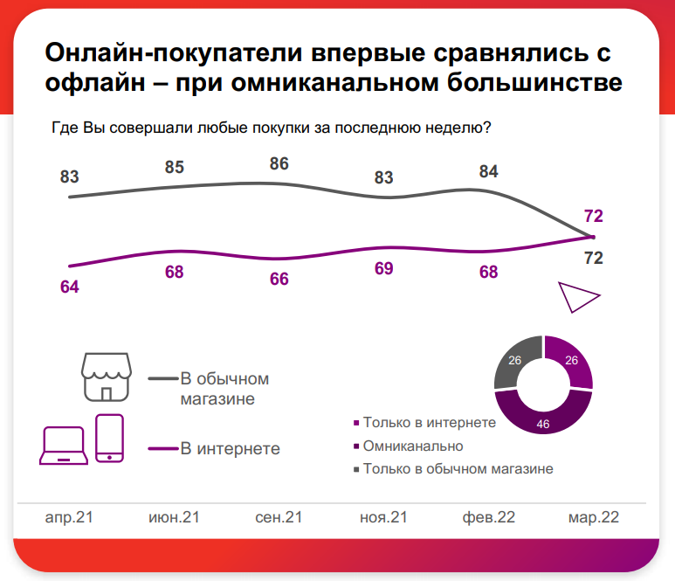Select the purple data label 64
[x=70, y=287]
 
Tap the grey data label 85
[x=175, y=168]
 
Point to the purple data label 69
[x=384, y=269]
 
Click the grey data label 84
[x=488, y=171]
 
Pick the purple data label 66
[x=279, y=280]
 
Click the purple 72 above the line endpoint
[x=594, y=217]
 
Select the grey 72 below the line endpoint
[x=594, y=259]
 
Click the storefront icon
[x=105, y=377]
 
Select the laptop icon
[x=64, y=445]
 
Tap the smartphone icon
[x=110, y=438]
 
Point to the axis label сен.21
[x=279, y=518]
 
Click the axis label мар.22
[x=594, y=518]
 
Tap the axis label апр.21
[x=70, y=518]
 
